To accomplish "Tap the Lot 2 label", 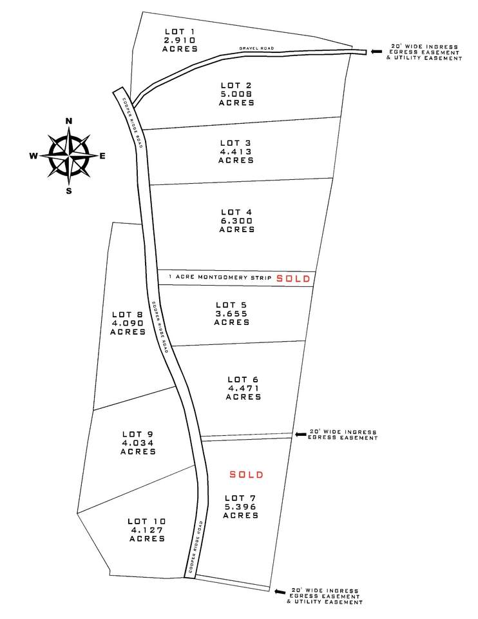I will [236, 85].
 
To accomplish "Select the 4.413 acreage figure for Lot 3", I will [236, 152].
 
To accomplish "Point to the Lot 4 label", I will [236, 211].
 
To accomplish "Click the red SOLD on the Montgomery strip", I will [294, 279].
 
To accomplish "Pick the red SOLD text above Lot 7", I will [247, 475].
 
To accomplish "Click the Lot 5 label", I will [231, 304].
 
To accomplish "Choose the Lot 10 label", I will [146, 521].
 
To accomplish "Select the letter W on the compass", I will [33, 155].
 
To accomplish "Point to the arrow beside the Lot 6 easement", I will [300, 435].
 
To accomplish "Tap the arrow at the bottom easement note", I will [280, 591].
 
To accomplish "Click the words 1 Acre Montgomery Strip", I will [219, 277].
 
